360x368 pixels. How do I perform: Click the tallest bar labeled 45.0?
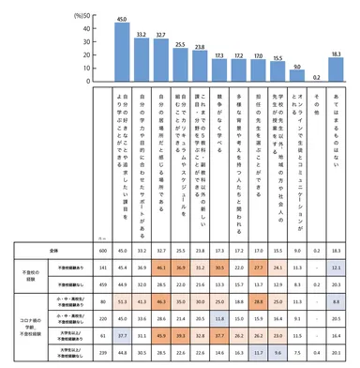(x=122, y=55)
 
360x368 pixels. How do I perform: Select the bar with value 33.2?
(x=142, y=64)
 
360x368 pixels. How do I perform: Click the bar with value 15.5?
(x=277, y=76)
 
